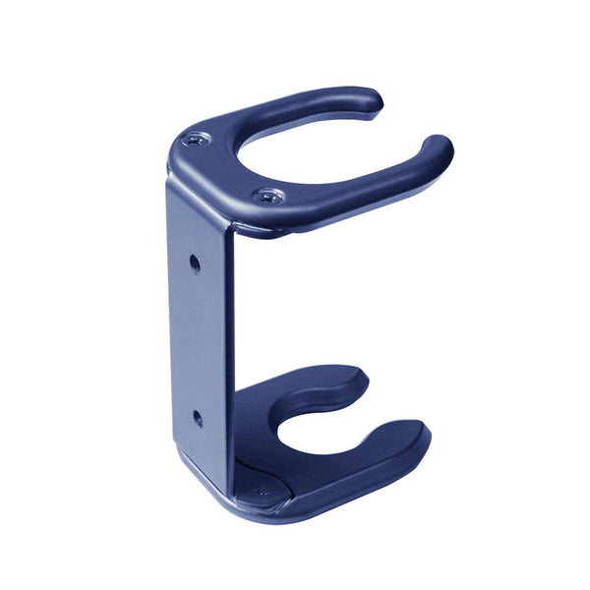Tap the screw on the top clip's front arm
click(268, 197)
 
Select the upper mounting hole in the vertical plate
click(195, 263)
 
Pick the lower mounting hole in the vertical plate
click(198, 418)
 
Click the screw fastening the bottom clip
click(262, 490)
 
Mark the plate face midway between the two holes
click(197, 340)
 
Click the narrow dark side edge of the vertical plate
click(230, 344)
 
